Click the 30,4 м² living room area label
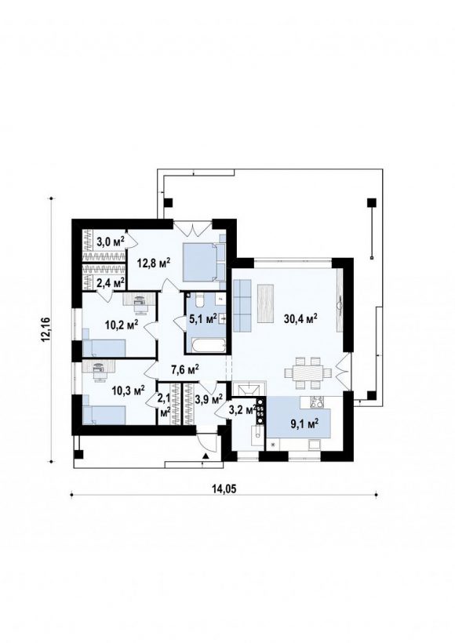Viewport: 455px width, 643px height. [301, 318]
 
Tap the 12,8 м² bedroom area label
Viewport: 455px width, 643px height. [154, 263]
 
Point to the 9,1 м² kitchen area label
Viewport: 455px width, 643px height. [305, 424]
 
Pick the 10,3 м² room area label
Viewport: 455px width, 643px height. [128, 390]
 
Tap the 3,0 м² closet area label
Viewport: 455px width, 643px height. [111, 242]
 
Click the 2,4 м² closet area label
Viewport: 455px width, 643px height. [111, 282]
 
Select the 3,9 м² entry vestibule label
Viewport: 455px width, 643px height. [209, 398]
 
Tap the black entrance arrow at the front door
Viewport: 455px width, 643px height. [205, 456]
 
